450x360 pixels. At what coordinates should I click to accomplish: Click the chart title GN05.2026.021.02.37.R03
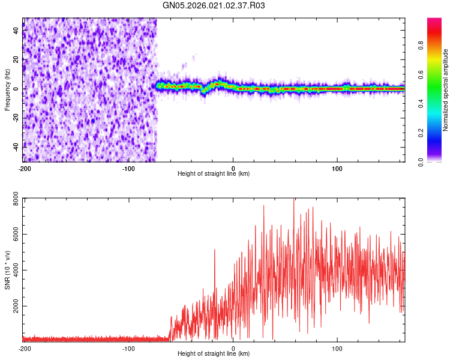click(x=214, y=6)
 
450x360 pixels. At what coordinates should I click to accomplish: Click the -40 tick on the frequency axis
click(x=15, y=146)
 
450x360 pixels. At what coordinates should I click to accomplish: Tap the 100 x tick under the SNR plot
click(x=337, y=348)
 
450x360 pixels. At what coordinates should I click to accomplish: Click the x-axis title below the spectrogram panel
click(x=214, y=174)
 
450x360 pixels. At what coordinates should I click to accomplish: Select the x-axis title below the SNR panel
click(x=214, y=354)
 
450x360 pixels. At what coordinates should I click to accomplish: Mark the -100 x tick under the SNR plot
click(x=128, y=348)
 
